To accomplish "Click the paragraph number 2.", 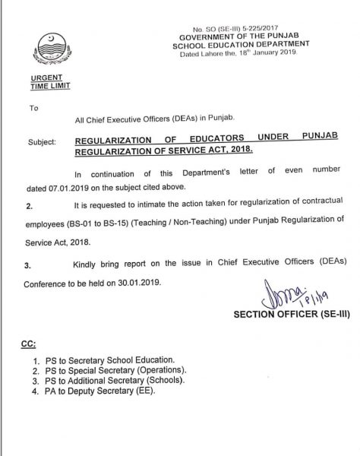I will (28, 207).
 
